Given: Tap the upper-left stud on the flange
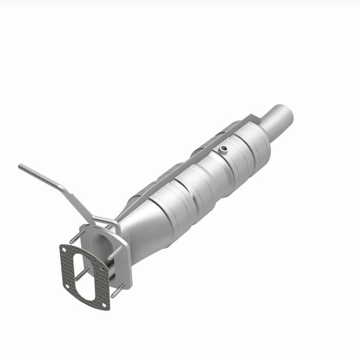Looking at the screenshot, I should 75,237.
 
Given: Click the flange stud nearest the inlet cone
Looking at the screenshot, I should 114,252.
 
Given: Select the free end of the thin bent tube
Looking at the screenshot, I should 20,166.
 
